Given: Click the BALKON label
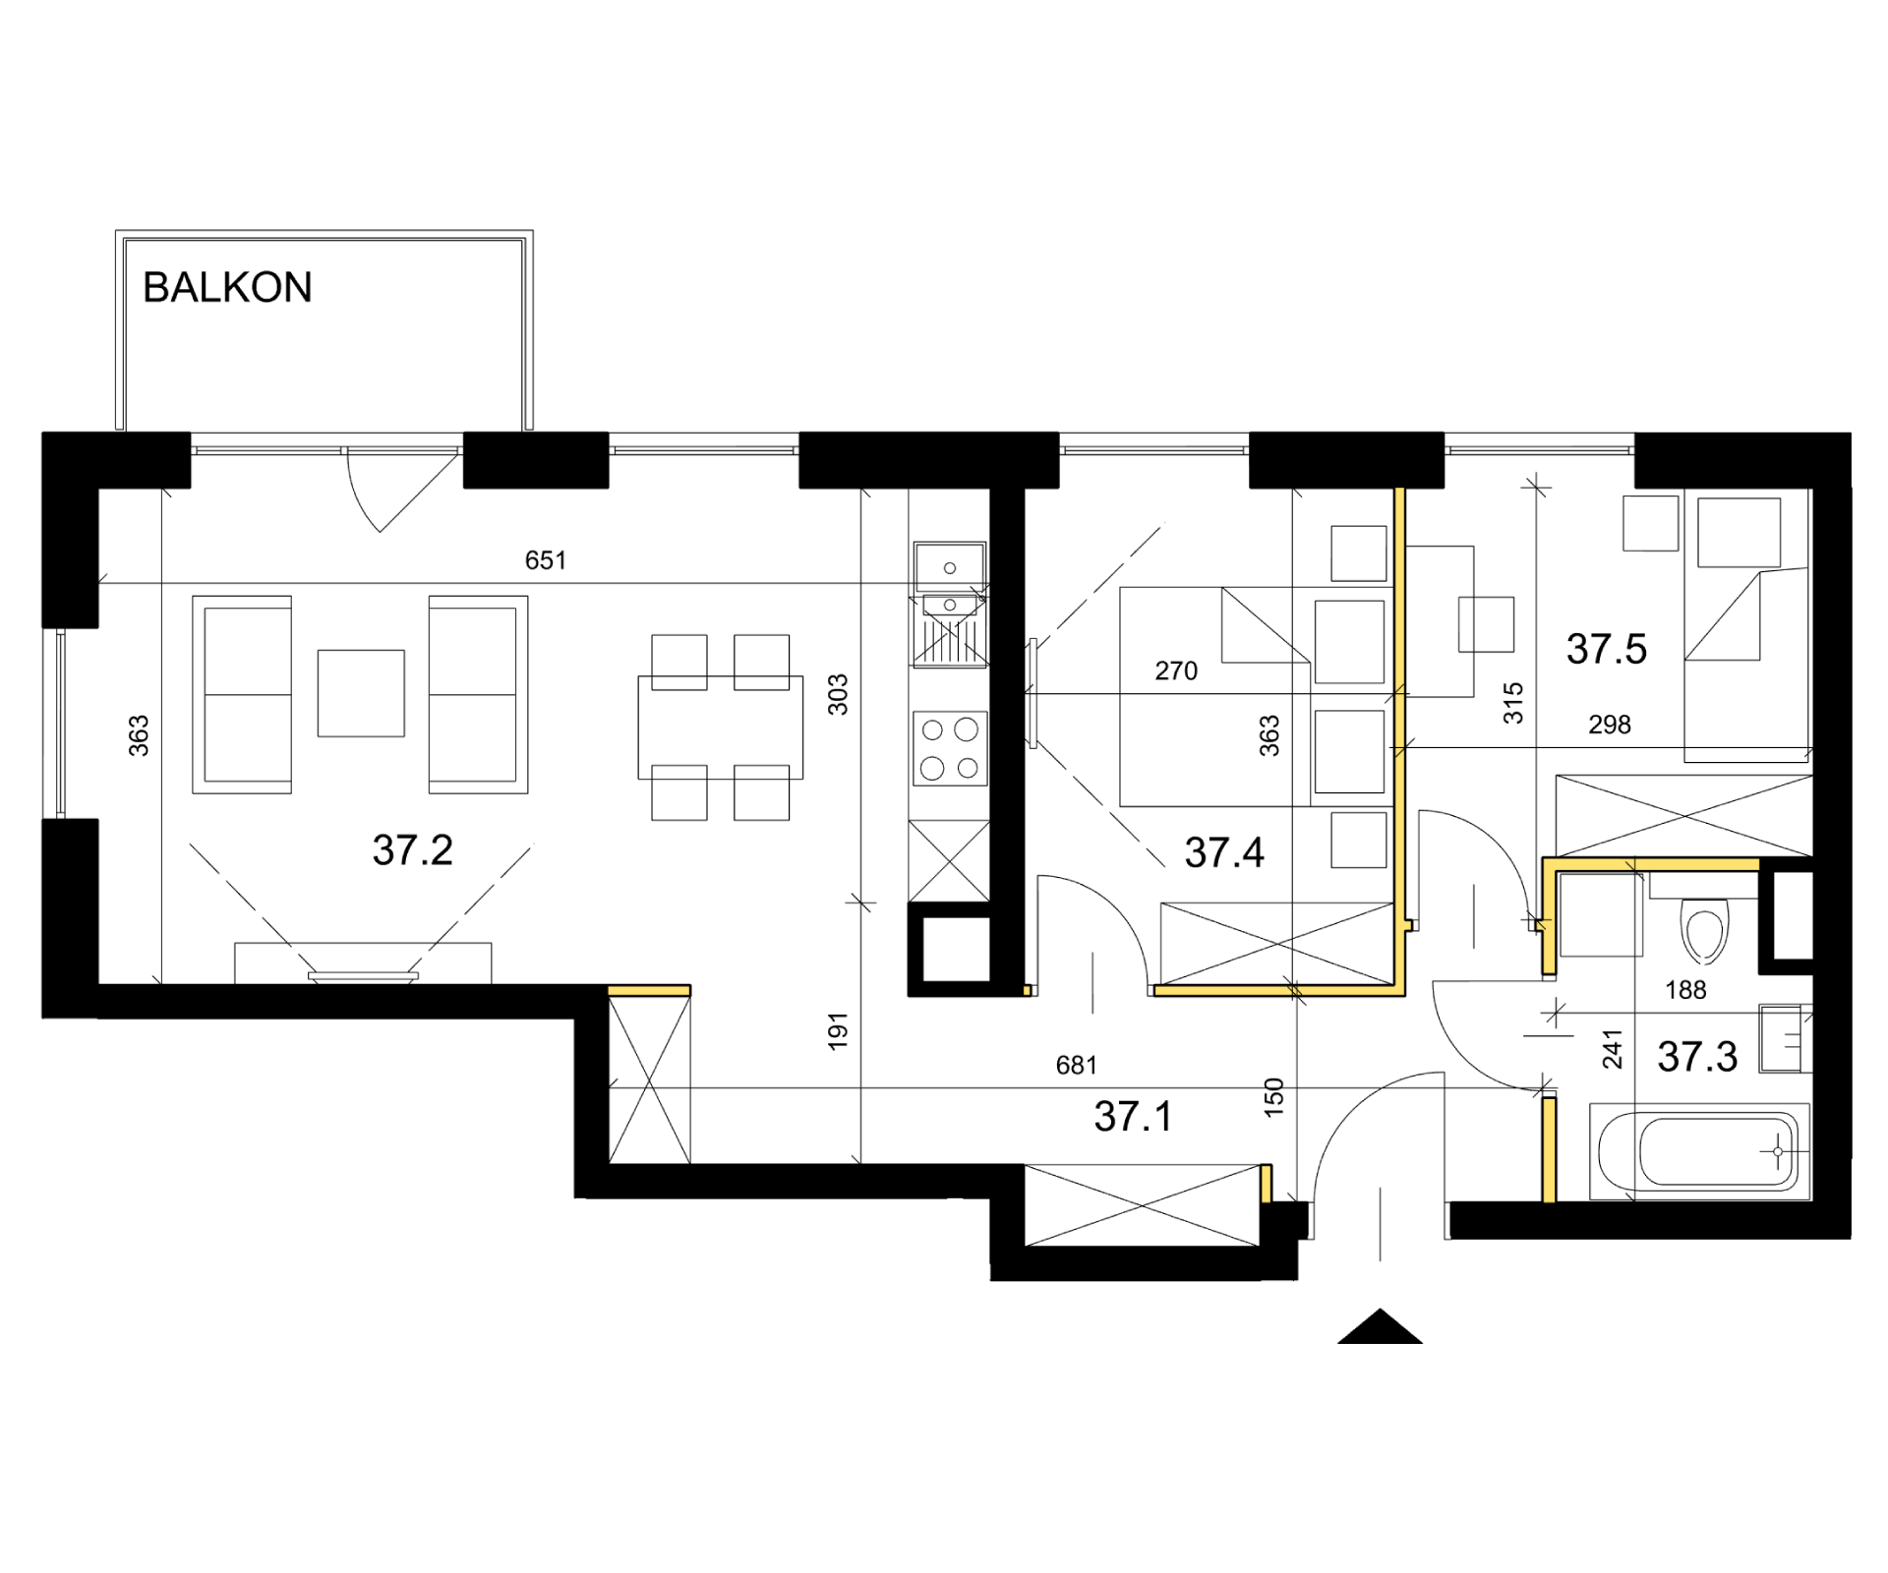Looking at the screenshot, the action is (x=227, y=287).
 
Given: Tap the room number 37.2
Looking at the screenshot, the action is (x=413, y=850).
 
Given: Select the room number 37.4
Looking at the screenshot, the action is (x=1224, y=852).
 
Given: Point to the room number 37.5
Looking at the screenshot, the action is (x=1607, y=649).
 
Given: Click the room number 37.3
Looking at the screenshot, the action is (x=1697, y=1057).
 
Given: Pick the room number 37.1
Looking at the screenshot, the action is (x=1133, y=1117).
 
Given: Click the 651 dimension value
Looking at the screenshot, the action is (x=546, y=560).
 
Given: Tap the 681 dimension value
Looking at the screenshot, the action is (x=1077, y=1065).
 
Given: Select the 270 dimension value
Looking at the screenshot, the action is (x=1176, y=670).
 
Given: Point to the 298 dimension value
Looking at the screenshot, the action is (x=1610, y=725).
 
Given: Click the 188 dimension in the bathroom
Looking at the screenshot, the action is (x=1685, y=990).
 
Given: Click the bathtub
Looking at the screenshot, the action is (x=1700, y=1151).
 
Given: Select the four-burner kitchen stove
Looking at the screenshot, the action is (x=950, y=749).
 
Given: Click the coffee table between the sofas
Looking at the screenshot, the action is (x=361, y=693).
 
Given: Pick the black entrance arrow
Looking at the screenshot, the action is (x=1380, y=1326).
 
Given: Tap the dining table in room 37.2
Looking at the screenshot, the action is (x=721, y=728).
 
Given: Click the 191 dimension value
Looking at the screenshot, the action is (x=838, y=1031).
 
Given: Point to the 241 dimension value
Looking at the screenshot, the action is (x=1613, y=1048).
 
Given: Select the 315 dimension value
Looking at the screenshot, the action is (x=1513, y=703).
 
